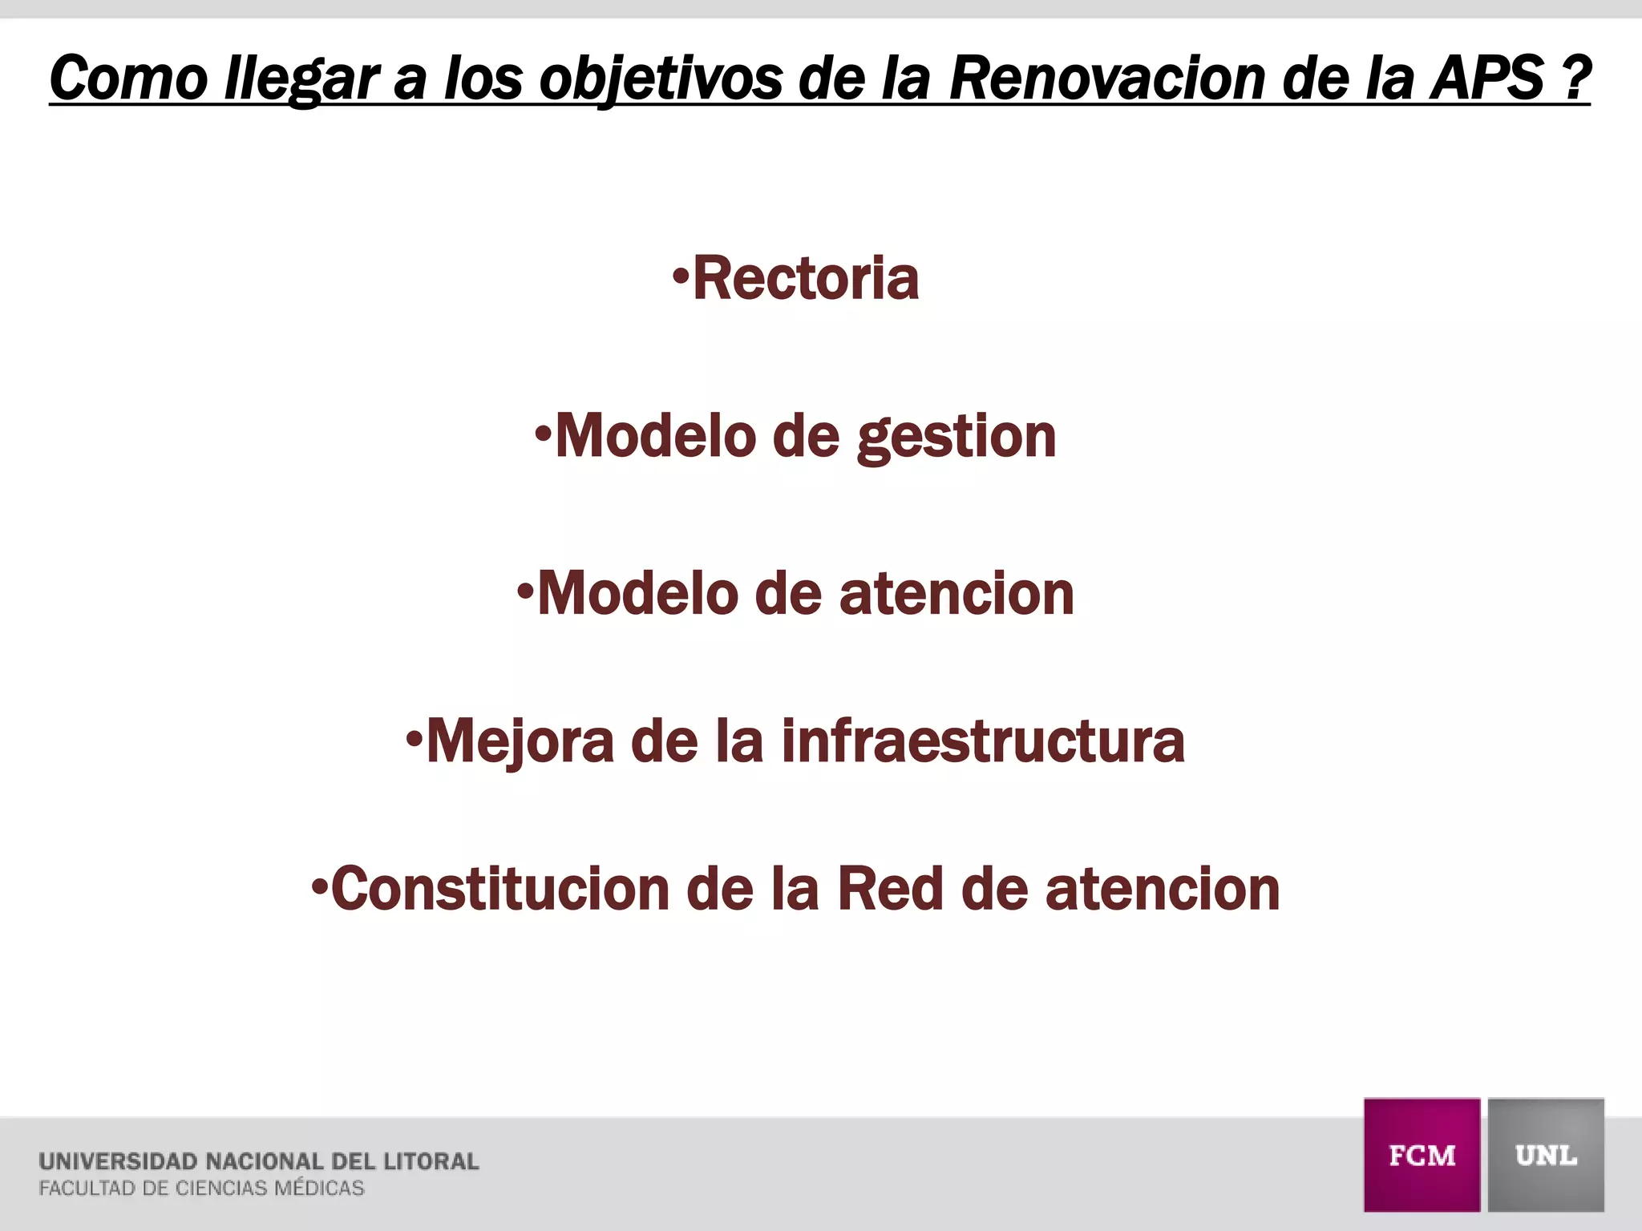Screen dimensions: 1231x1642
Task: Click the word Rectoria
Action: [806, 279]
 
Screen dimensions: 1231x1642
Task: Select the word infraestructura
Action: [983, 741]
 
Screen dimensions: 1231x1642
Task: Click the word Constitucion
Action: [500, 890]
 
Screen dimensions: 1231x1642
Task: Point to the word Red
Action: [890, 890]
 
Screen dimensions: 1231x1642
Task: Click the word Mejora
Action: [520, 741]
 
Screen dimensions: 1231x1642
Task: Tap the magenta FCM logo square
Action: [1422, 1155]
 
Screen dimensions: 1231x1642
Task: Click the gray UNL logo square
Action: [1546, 1155]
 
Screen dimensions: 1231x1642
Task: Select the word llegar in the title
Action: [301, 79]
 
